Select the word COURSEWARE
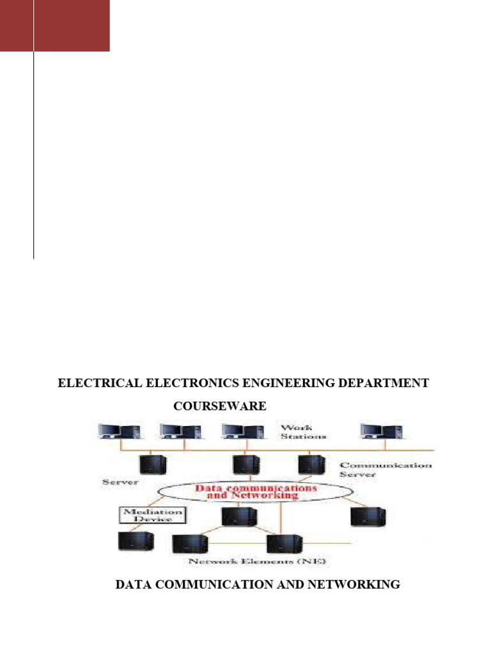coord(220,407)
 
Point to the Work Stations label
coord(303,432)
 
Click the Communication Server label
coord(386,469)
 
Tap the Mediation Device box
coord(152,515)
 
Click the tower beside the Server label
coord(153,464)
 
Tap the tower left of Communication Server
coord(311,464)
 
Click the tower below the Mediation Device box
coord(136,541)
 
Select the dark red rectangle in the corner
coord(55,26)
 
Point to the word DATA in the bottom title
coord(132,584)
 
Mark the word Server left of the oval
coord(120,482)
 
